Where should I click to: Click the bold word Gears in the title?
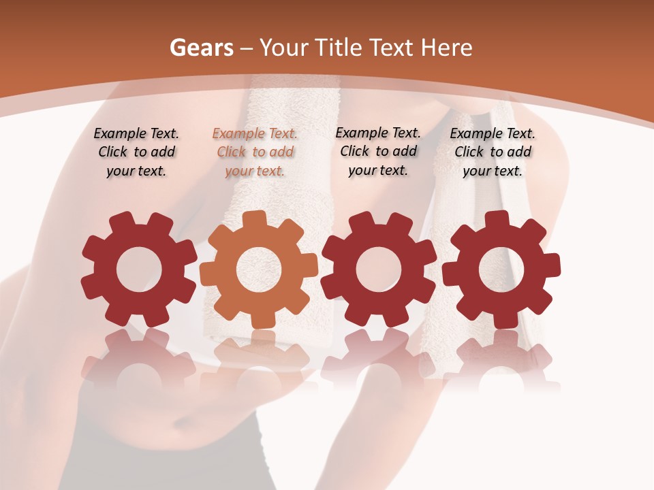point(201,48)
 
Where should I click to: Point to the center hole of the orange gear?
point(259,269)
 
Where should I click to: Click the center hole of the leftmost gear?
point(139,269)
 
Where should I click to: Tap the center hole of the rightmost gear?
point(501,269)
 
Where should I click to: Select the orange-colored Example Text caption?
point(255,152)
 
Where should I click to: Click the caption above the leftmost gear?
point(136,152)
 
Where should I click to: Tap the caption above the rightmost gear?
point(493,152)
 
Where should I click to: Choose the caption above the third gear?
point(378,152)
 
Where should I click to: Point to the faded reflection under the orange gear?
point(259,357)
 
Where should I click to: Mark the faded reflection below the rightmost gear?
point(501,357)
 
